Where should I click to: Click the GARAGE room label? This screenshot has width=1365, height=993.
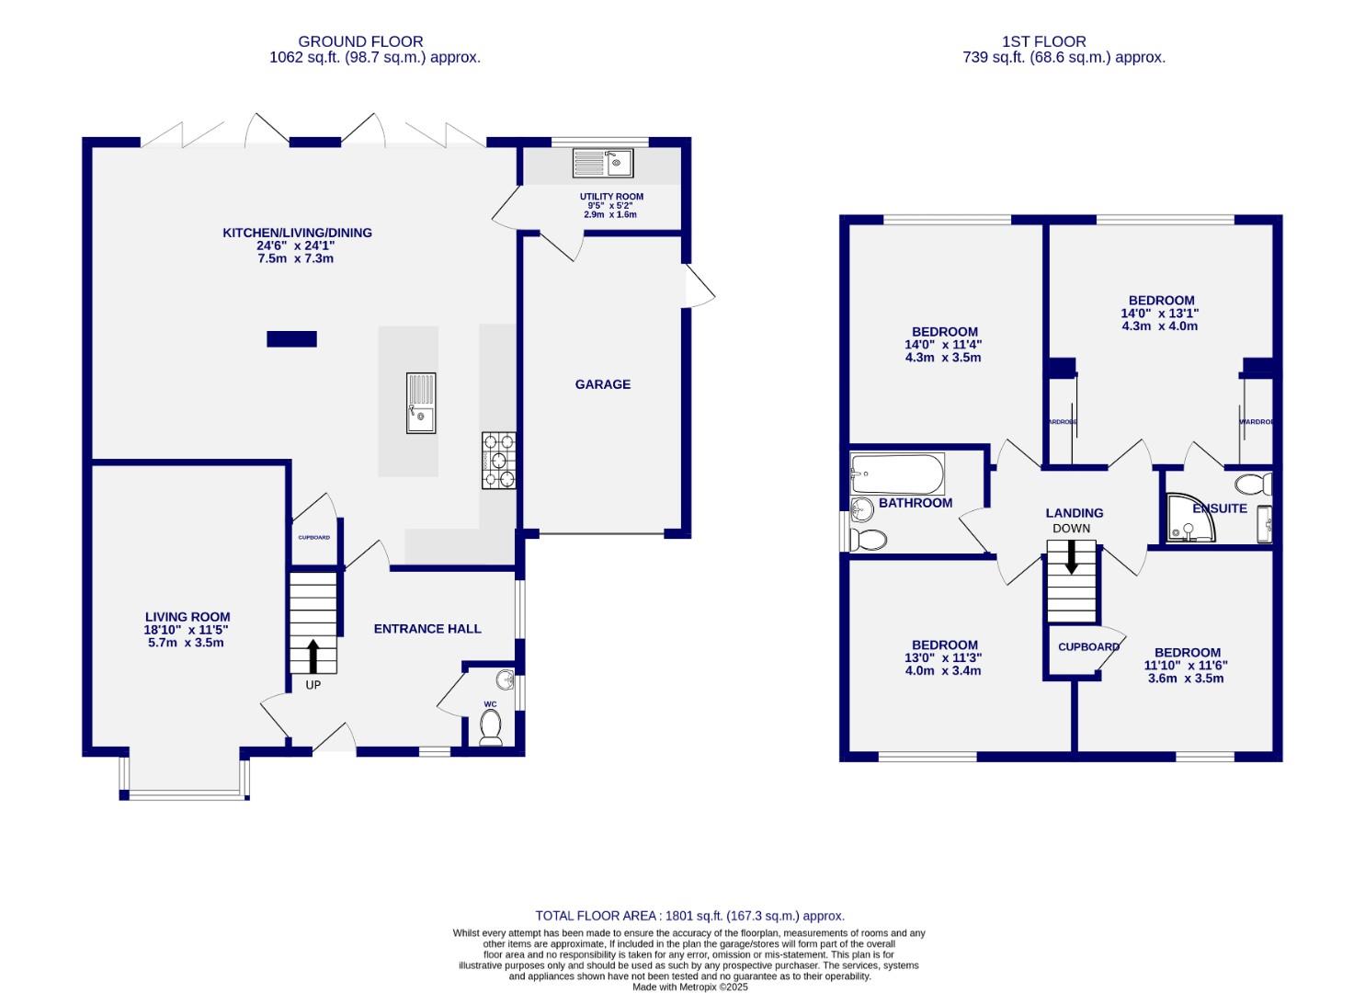603,384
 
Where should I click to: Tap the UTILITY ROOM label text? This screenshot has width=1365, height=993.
611,197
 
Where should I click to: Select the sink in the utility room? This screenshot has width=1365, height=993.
603,164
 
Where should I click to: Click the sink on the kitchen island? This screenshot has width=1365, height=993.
421,403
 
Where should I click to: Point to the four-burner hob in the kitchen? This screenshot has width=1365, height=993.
498,461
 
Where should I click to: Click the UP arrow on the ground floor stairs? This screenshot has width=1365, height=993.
313,656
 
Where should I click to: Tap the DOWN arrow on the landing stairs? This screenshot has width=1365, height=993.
1071,557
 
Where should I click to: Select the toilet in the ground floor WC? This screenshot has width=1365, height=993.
491,729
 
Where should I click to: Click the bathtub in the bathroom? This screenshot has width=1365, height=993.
897,474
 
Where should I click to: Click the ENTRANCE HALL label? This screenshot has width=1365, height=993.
427,629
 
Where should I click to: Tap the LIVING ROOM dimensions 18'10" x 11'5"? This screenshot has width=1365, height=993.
188,630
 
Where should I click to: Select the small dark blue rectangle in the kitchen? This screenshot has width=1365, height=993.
291,339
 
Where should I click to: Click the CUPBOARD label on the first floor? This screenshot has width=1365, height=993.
1088,647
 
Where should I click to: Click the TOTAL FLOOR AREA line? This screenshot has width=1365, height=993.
689,916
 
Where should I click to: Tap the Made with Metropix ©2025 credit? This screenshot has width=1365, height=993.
689,987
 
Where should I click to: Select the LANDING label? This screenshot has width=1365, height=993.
1074,513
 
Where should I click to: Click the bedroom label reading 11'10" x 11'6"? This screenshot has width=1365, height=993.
1186,666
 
